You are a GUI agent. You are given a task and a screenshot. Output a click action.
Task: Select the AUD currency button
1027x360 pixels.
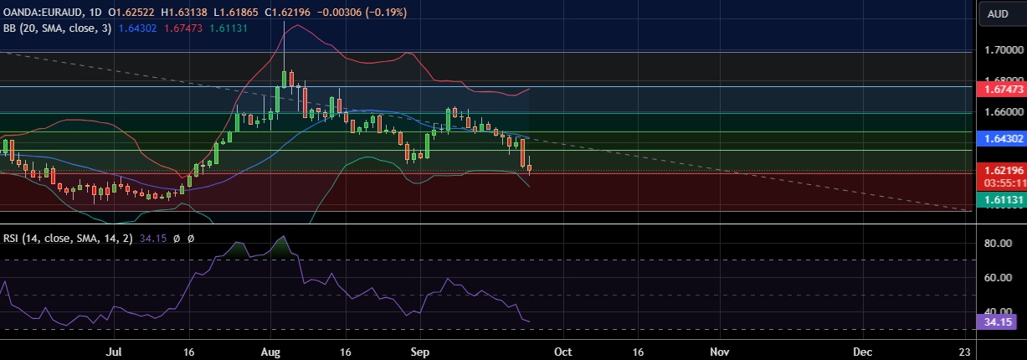(x=998, y=13)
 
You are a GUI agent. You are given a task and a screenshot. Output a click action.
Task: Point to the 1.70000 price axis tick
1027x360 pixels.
(x=1003, y=50)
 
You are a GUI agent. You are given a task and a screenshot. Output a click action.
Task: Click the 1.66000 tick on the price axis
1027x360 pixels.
(x=1003, y=111)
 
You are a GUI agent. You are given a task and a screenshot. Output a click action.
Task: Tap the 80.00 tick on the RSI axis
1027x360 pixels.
(x=1001, y=244)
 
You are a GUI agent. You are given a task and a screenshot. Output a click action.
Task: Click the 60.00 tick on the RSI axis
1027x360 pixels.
(x=1001, y=278)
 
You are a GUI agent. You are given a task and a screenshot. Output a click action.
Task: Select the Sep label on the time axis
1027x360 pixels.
(x=420, y=352)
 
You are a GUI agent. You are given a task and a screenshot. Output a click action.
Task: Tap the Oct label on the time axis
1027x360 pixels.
(x=563, y=352)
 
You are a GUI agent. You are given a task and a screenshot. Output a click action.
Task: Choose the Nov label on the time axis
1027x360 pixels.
(x=717, y=352)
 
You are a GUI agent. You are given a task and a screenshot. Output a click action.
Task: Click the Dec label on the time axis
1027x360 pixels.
(x=863, y=352)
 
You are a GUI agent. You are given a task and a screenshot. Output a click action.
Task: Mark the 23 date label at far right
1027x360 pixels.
(x=965, y=352)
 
